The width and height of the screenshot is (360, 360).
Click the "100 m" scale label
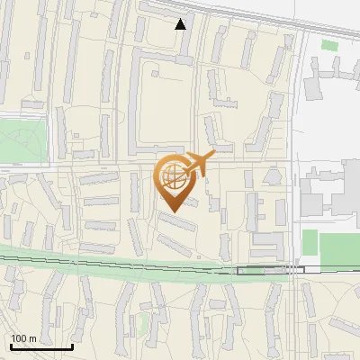(x=23, y=338)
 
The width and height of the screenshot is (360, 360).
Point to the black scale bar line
(x=40, y=346)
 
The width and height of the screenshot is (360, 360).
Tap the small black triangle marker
(x=181, y=24)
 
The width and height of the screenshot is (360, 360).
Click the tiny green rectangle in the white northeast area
(x=330, y=45)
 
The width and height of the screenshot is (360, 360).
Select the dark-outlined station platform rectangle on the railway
(x=270, y=269)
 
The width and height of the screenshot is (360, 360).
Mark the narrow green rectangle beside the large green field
(x=310, y=242)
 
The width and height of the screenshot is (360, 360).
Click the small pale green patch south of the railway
(x=141, y=321)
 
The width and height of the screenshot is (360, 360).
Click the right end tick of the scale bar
(x=72, y=346)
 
